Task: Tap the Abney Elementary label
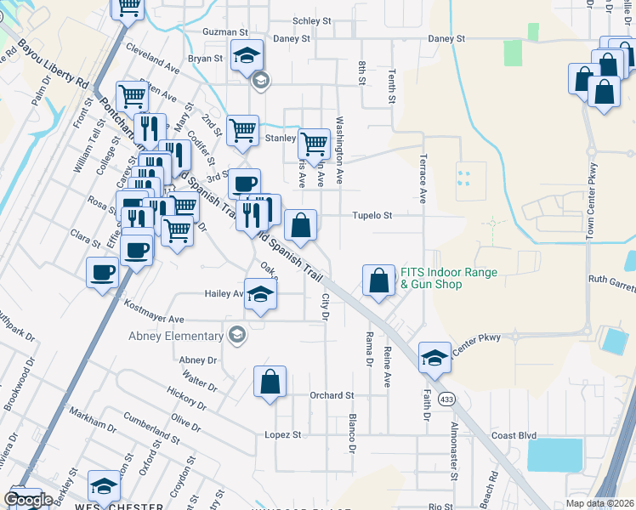tap(177, 335)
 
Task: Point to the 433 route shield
tap(446, 399)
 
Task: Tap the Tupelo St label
tap(372, 216)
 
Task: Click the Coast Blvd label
tap(515, 435)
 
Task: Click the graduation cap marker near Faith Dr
tap(434, 356)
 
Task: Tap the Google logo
tap(28, 500)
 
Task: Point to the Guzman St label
tap(224, 31)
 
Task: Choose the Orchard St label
tap(332, 395)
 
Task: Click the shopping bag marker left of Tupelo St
tap(301, 225)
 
